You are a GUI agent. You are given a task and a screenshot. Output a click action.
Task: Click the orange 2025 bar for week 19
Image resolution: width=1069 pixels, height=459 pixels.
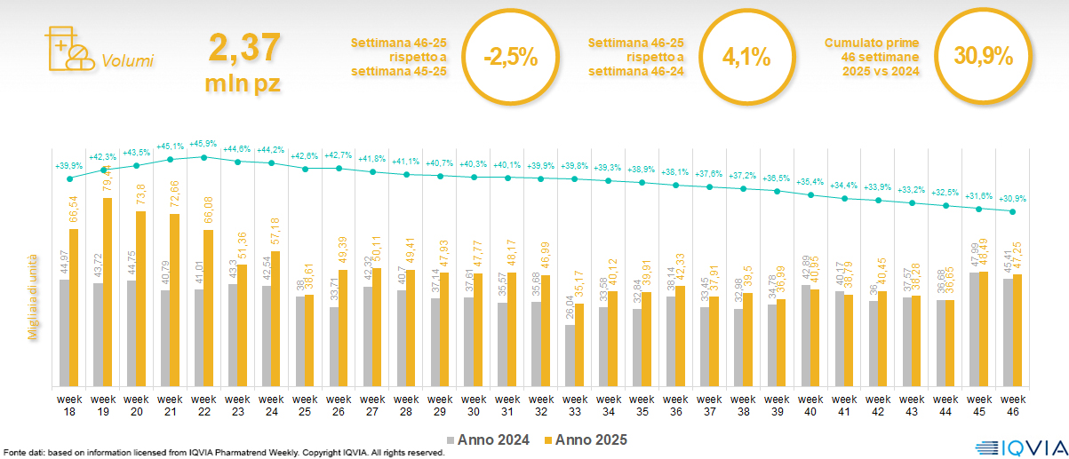click(107, 292)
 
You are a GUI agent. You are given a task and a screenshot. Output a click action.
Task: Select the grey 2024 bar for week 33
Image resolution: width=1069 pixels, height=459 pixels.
click(570, 355)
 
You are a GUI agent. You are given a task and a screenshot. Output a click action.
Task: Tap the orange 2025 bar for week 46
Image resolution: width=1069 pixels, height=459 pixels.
click(1017, 329)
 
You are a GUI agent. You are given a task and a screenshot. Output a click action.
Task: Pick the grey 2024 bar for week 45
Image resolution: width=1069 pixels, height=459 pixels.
click(974, 328)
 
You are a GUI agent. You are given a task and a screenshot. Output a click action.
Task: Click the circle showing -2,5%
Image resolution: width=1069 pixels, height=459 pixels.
click(510, 58)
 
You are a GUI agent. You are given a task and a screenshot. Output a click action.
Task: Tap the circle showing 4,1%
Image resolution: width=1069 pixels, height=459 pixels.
click(746, 58)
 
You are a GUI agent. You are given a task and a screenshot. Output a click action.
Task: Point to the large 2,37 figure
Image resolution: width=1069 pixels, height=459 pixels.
click(244, 48)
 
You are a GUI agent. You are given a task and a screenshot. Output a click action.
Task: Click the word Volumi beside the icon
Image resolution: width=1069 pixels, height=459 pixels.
click(128, 61)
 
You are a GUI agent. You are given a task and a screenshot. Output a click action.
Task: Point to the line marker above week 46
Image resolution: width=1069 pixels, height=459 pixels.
click(1013, 211)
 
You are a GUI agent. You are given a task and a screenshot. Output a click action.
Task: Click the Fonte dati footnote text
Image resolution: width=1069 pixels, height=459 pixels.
click(222, 453)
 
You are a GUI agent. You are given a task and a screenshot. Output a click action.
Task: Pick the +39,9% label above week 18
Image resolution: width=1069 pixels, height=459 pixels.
click(69, 165)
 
